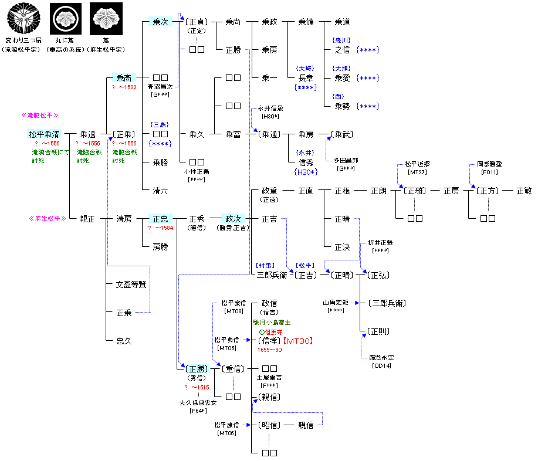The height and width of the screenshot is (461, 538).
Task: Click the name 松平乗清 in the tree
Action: (45, 134)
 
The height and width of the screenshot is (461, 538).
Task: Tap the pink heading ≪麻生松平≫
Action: (45, 219)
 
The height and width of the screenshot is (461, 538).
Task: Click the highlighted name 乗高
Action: (124, 78)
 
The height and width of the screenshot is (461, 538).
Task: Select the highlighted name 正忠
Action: (160, 219)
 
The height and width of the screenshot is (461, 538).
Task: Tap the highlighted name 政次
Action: (232, 219)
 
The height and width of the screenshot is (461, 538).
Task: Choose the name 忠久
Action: (124, 341)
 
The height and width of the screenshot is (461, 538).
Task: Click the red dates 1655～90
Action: (269, 350)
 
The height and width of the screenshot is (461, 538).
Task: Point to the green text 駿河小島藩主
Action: (272, 322)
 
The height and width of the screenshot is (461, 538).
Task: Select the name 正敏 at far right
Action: (524, 191)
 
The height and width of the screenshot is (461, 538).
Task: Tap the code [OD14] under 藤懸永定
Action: (382, 365)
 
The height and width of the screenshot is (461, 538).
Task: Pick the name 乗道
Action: (342, 22)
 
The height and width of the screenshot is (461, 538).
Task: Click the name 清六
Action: (160, 191)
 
